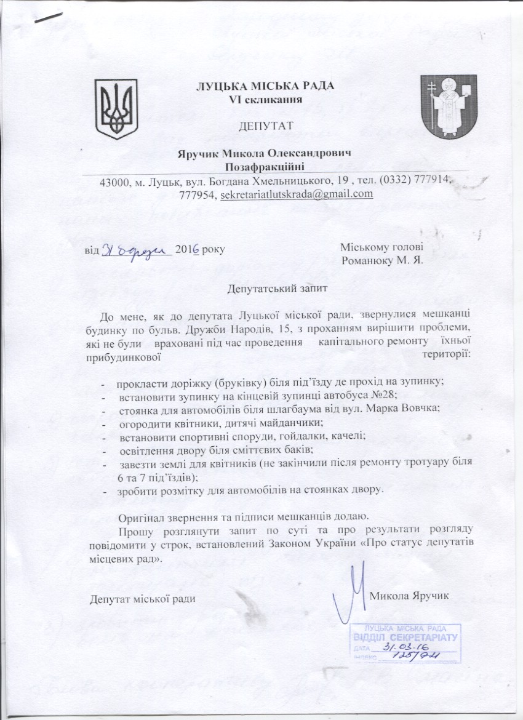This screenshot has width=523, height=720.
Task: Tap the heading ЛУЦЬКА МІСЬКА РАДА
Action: pyautogui.click(x=265, y=86)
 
